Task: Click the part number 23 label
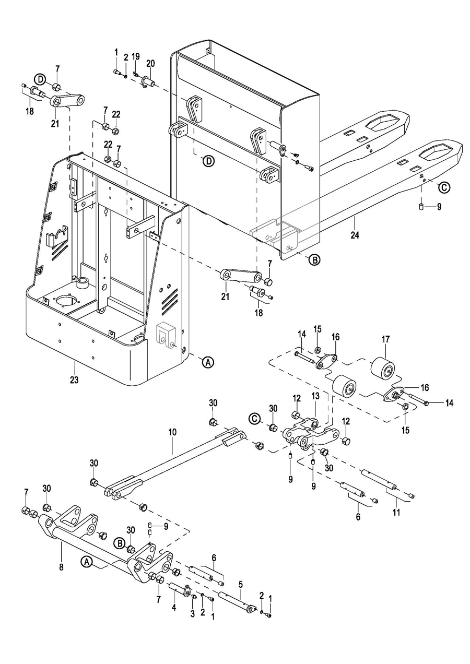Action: (x=74, y=380)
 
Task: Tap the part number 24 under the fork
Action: (x=355, y=235)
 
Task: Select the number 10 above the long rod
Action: (x=172, y=432)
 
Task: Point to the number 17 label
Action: (x=385, y=339)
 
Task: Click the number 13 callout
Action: (x=315, y=396)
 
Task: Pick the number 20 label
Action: (x=150, y=64)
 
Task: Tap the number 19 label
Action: (x=136, y=56)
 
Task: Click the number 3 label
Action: (x=193, y=613)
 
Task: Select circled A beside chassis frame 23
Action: (x=208, y=362)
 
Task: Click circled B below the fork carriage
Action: (x=314, y=260)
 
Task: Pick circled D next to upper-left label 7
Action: (x=40, y=79)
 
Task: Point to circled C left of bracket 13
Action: (x=255, y=419)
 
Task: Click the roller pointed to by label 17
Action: (x=383, y=367)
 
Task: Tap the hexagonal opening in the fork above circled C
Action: (x=437, y=151)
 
